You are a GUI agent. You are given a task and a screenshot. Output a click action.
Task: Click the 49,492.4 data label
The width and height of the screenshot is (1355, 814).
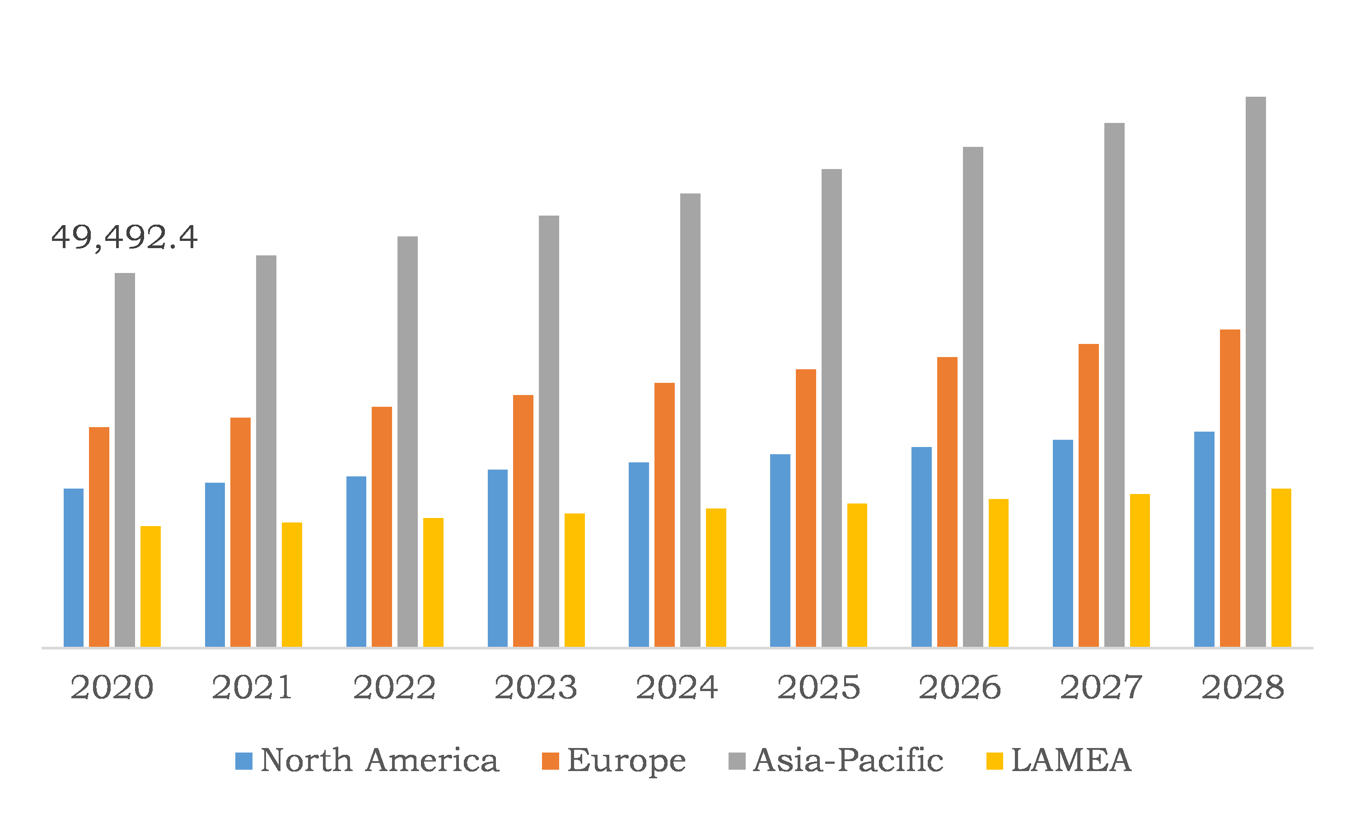click(124, 237)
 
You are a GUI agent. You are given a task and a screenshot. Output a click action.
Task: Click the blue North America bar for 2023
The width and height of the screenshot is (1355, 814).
click(497, 558)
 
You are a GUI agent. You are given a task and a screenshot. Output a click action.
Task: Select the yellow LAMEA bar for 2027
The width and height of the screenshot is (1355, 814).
click(1140, 570)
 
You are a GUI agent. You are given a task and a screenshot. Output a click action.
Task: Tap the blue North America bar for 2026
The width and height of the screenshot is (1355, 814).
click(921, 547)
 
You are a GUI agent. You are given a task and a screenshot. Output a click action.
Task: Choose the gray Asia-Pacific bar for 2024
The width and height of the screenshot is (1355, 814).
click(690, 420)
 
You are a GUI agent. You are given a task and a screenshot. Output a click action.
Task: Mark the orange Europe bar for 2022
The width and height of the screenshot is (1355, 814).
click(382, 527)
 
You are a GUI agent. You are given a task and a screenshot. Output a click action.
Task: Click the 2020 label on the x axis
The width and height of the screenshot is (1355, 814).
click(112, 687)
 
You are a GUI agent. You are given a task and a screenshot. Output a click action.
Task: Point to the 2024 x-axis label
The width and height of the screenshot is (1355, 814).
click(677, 687)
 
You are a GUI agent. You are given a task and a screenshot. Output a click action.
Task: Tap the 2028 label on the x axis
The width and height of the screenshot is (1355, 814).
click(1243, 687)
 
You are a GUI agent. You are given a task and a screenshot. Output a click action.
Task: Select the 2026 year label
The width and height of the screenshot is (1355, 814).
click(960, 687)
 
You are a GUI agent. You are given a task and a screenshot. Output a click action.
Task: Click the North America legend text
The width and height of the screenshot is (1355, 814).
click(379, 760)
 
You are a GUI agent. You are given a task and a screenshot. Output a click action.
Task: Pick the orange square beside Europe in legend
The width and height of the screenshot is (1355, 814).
click(550, 761)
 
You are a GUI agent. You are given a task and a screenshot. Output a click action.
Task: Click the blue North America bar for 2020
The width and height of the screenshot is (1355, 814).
click(74, 568)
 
